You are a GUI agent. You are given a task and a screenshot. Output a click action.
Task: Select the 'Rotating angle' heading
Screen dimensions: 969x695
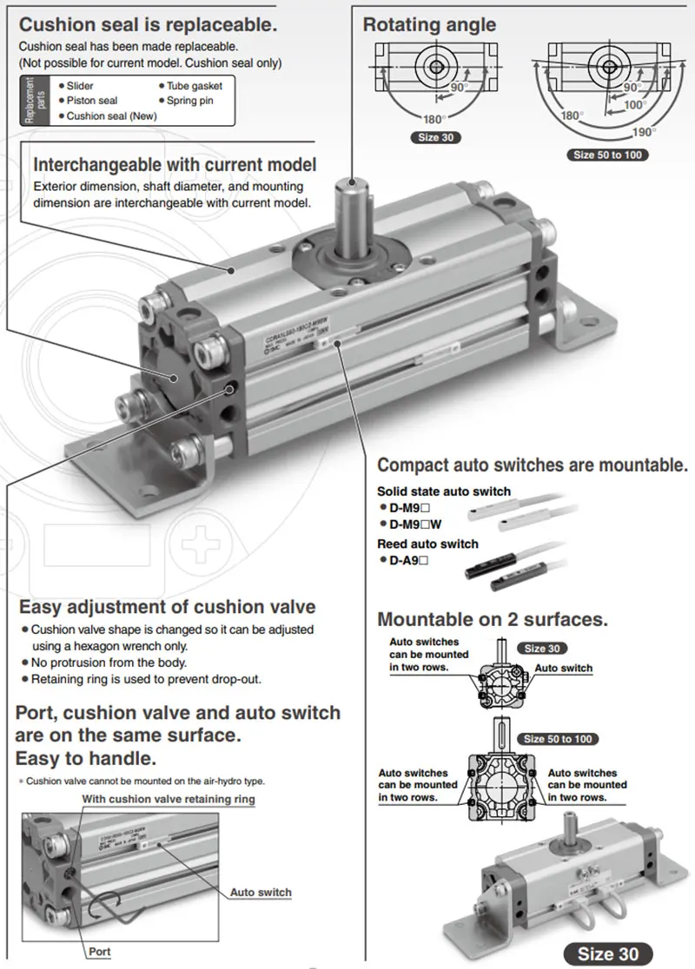pyautogui.click(x=429, y=23)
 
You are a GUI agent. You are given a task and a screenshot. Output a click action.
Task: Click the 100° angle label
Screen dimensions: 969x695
pyautogui.click(x=635, y=104)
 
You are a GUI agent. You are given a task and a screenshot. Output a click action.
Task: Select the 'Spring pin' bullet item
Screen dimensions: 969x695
pyautogui.click(x=189, y=101)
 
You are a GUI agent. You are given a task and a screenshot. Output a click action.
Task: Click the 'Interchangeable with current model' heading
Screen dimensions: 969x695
pyautogui.click(x=175, y=164)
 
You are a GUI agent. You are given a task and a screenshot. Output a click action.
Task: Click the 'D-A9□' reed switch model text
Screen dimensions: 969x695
pyautogui.click(x=408, y=561)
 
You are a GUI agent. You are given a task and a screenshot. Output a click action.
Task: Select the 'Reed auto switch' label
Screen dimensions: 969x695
pyautogui.click(x=427, y=544)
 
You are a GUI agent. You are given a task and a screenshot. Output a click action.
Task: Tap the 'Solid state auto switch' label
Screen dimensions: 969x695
pyautogui.click(x=444, y=491)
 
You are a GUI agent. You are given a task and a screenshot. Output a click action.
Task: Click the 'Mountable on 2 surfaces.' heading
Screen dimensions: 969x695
pyautogui.click(x=492, y=619)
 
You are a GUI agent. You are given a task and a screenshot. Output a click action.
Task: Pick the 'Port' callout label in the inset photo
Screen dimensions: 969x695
pyautogui.click(x=100, y=952)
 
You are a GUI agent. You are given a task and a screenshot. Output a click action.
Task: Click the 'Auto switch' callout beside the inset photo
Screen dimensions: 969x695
pyautogui.click(x=261, y=892)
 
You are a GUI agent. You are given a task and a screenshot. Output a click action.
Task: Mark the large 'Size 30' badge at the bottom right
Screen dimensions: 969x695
pyautogui.click(x=608, y=953)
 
